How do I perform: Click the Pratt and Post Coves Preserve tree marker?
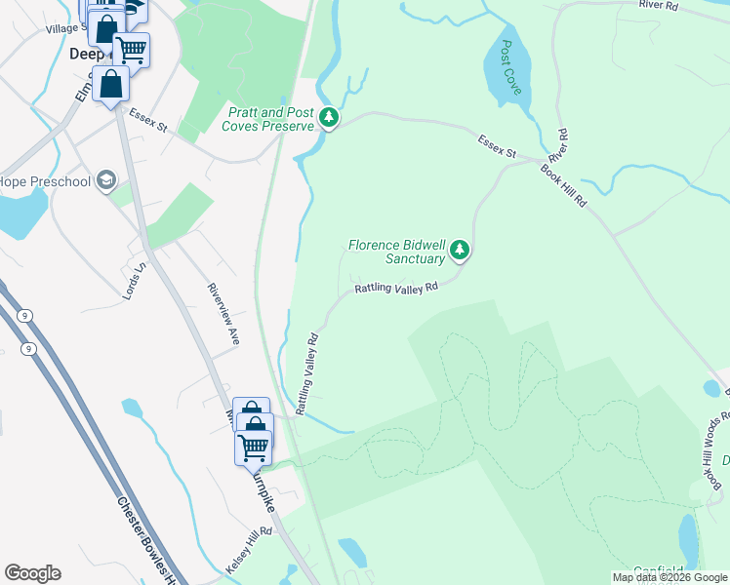click(x=330, y=119)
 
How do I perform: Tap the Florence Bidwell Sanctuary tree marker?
click(x=460, y=252)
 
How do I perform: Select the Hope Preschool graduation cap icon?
click(x=105, y=180)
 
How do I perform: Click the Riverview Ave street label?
click(x=223, y=313)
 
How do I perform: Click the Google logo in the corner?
click(x=32, y=573)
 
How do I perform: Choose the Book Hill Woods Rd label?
click(x=713, y=449)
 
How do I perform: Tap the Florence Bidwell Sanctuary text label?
click(x=400, y=252)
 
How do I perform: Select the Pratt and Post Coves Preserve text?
click(x=268, y=119)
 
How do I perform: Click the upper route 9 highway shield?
click(x=23, y=315)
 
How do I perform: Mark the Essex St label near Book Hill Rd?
click(x=497, y=148)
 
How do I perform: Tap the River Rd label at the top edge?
click(x=658, y=5)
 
